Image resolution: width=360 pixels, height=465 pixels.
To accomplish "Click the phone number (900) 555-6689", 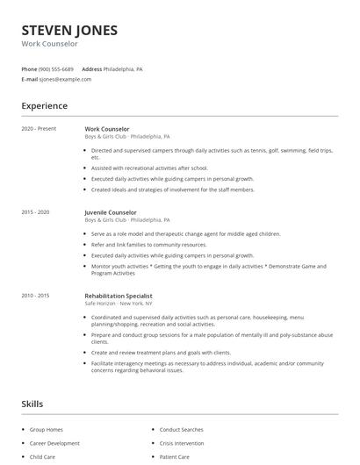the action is coord(56,68).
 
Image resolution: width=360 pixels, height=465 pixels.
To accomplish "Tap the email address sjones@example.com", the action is coord(65,79).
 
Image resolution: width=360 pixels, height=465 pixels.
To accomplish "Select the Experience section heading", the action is coord(45,106).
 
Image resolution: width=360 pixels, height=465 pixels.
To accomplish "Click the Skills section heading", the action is coord(32,404).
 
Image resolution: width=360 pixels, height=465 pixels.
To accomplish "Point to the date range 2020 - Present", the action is coord(39,129).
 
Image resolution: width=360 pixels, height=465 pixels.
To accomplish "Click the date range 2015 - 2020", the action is coord(36,212).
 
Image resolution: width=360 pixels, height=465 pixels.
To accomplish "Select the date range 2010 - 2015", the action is coord(36,296).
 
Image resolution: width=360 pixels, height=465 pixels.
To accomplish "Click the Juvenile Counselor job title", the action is coord(111,212).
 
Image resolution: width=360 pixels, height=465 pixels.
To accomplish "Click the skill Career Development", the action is coord(54,444).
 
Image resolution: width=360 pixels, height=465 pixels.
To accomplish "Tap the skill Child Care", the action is coord(42,457).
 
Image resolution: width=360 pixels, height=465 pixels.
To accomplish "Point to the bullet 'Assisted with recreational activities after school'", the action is coord(148,168).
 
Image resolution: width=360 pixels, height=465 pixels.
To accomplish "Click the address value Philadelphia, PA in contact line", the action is coord(123,68).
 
